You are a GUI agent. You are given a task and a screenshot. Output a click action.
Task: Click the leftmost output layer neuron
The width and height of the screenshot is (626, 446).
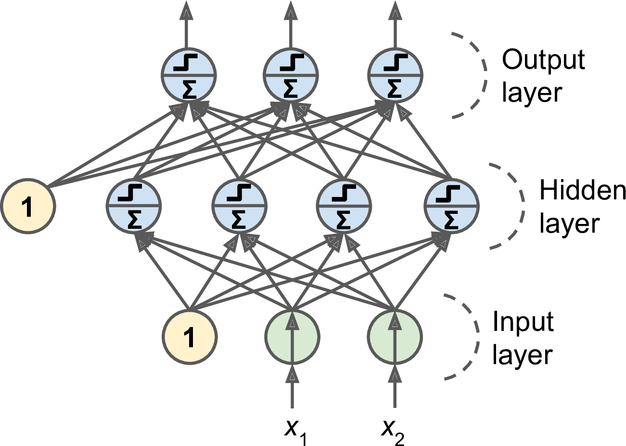[x=188, y=75]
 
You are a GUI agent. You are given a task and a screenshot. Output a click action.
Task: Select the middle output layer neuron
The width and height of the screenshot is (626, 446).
[x=291, y=75]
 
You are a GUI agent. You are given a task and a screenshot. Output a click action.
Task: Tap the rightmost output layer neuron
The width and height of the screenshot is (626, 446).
[x=395, y=75]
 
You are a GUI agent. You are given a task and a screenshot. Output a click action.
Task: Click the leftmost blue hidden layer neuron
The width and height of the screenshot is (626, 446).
[x=133, y=206]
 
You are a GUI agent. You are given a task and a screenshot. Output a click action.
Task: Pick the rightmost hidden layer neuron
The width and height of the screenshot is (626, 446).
[x=451, y=206]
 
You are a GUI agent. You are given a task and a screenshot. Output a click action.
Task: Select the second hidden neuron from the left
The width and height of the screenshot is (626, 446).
[x=239, y=206]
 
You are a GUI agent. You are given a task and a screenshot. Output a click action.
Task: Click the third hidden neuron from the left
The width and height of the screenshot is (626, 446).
[x=344, y=206]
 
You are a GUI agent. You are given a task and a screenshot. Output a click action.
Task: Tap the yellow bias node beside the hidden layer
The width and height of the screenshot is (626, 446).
[x=28, y=206]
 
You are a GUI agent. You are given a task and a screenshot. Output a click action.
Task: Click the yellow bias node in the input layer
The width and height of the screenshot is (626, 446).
[x=190, y=337]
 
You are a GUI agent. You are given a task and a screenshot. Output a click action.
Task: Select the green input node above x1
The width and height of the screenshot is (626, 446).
[x=292, y=337]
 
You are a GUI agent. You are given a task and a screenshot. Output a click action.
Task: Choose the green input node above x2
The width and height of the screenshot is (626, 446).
[x=395, y=337]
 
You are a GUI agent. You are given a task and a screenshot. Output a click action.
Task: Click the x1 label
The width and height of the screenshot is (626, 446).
[x=295, y=429]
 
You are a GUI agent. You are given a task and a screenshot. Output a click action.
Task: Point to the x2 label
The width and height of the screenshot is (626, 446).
[x=393, y=429]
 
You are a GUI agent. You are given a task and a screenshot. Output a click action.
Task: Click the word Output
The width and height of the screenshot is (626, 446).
[x=543, y=60]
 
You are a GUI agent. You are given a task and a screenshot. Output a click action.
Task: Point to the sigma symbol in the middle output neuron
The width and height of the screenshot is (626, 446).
[x=291, y=89]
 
